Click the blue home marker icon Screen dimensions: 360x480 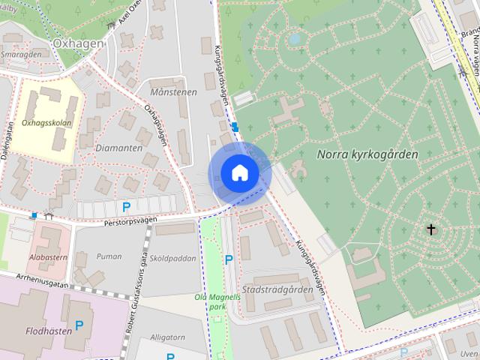[x=239, y=172]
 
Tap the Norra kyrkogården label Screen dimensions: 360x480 [x=367, y=154]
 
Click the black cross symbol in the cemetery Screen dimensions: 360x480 [x=431, y=229]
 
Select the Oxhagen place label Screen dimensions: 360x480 [x=78, y=43]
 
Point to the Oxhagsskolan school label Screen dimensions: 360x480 [x=47, y=122]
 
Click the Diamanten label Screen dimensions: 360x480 [x=118, y=148]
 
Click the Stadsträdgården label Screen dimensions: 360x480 [x=277, y=289]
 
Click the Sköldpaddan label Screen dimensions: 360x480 [x=173, y=258]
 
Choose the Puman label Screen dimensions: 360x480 [x=109, y=256]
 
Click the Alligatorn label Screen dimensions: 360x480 [x=167, y=337]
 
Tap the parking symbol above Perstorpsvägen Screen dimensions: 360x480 [x=126, y=207]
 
